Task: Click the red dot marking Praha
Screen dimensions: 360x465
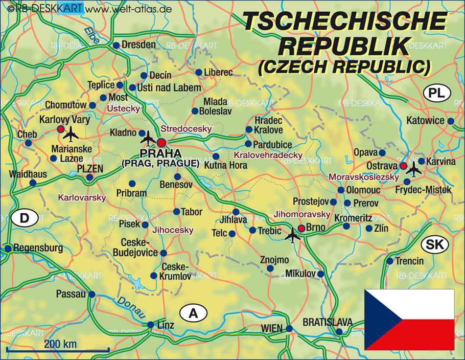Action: point(162,142)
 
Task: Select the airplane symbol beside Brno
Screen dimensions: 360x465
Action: point(293,234)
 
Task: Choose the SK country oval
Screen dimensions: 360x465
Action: point(434,244)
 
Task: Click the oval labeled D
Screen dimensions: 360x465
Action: point(24,218)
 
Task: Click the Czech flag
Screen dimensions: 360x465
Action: point(409,313)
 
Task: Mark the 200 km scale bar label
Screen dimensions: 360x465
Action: point(60,343)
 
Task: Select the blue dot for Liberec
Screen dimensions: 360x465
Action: point(199,72)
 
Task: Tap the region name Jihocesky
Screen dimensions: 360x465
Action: point(173,229)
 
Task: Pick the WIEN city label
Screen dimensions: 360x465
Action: point(272,328)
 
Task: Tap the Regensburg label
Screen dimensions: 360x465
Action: point(38,248)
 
